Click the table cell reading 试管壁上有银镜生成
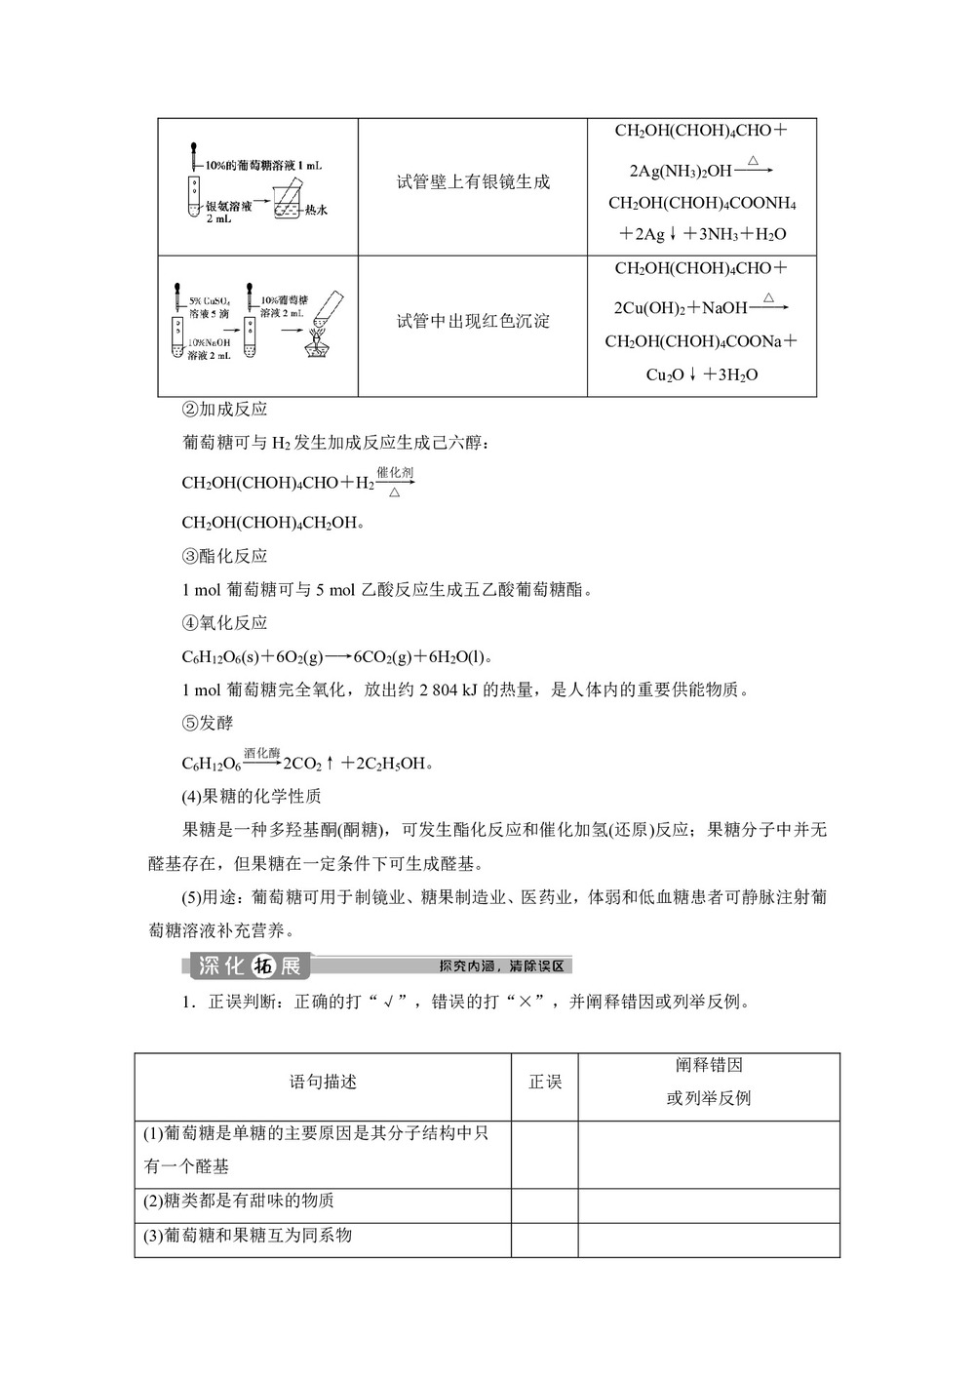(473, 182)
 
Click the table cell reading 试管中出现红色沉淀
(473, 321)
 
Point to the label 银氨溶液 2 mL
(228, 213)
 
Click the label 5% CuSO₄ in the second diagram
(210, 301)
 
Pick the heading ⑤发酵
(208, 723)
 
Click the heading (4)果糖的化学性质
(252, 796)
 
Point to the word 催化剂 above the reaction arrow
(395, 472)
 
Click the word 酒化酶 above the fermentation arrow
(261, 753)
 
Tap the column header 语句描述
(323, 1082)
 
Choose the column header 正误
(545, 1082)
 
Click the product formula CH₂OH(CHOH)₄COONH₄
(702, 204)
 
